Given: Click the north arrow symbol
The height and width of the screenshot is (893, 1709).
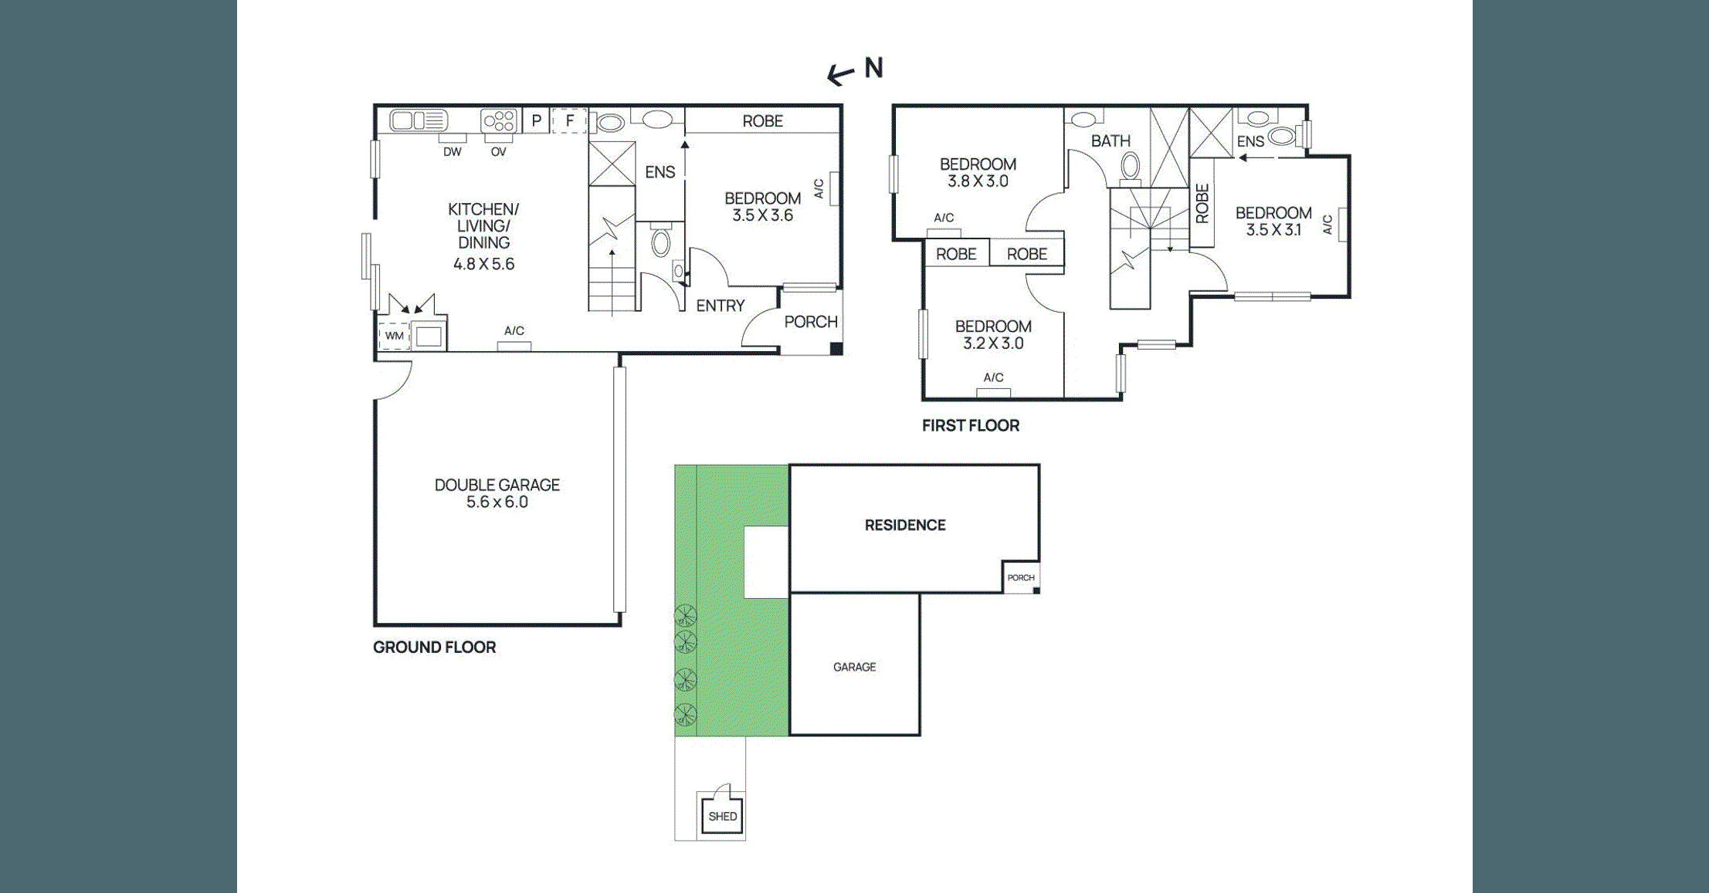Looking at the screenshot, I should [x=841, y=74].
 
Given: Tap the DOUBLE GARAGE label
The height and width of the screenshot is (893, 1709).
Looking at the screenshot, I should [x=497, y=485].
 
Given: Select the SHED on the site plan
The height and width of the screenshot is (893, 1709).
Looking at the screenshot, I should [x=722, y=815].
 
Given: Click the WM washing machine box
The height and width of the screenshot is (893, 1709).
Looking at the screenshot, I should [x=395, y=336].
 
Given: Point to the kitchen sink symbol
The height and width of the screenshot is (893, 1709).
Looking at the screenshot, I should [x=419, y=120].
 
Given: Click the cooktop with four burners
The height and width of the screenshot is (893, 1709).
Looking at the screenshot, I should [x=499, y=121].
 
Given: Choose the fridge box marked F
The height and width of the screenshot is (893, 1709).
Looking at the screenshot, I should [x=569, y=121].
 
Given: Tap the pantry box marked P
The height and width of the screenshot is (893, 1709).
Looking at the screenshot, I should [x=536, y=121].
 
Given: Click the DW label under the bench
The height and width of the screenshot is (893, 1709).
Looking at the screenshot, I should [x=452, y=152].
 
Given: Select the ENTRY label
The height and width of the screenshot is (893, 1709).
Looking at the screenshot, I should [x=720, y=306].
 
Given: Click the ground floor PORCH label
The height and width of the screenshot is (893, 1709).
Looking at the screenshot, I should [x=810, y=322].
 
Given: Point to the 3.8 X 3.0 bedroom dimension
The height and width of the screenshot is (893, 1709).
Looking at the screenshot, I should [x=978, y=181].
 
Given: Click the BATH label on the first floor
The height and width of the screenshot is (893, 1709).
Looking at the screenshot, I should [x=1111, y=141].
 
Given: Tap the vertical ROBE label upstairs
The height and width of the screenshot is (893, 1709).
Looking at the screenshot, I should [x=1202, y=203].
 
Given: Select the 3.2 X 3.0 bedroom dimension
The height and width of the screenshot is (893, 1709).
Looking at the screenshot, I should [x=992, y=343].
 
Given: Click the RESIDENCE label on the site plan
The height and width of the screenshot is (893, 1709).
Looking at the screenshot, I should [x=904, y=525].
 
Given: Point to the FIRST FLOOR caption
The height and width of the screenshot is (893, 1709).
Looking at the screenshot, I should [x=970, y=425].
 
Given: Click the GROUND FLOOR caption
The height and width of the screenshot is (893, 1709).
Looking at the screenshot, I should [x=434, y=647].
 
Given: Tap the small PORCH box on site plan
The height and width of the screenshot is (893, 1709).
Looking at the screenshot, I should [x=1020, y=577].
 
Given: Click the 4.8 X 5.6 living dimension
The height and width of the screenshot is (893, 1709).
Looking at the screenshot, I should [x=483, y=264].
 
